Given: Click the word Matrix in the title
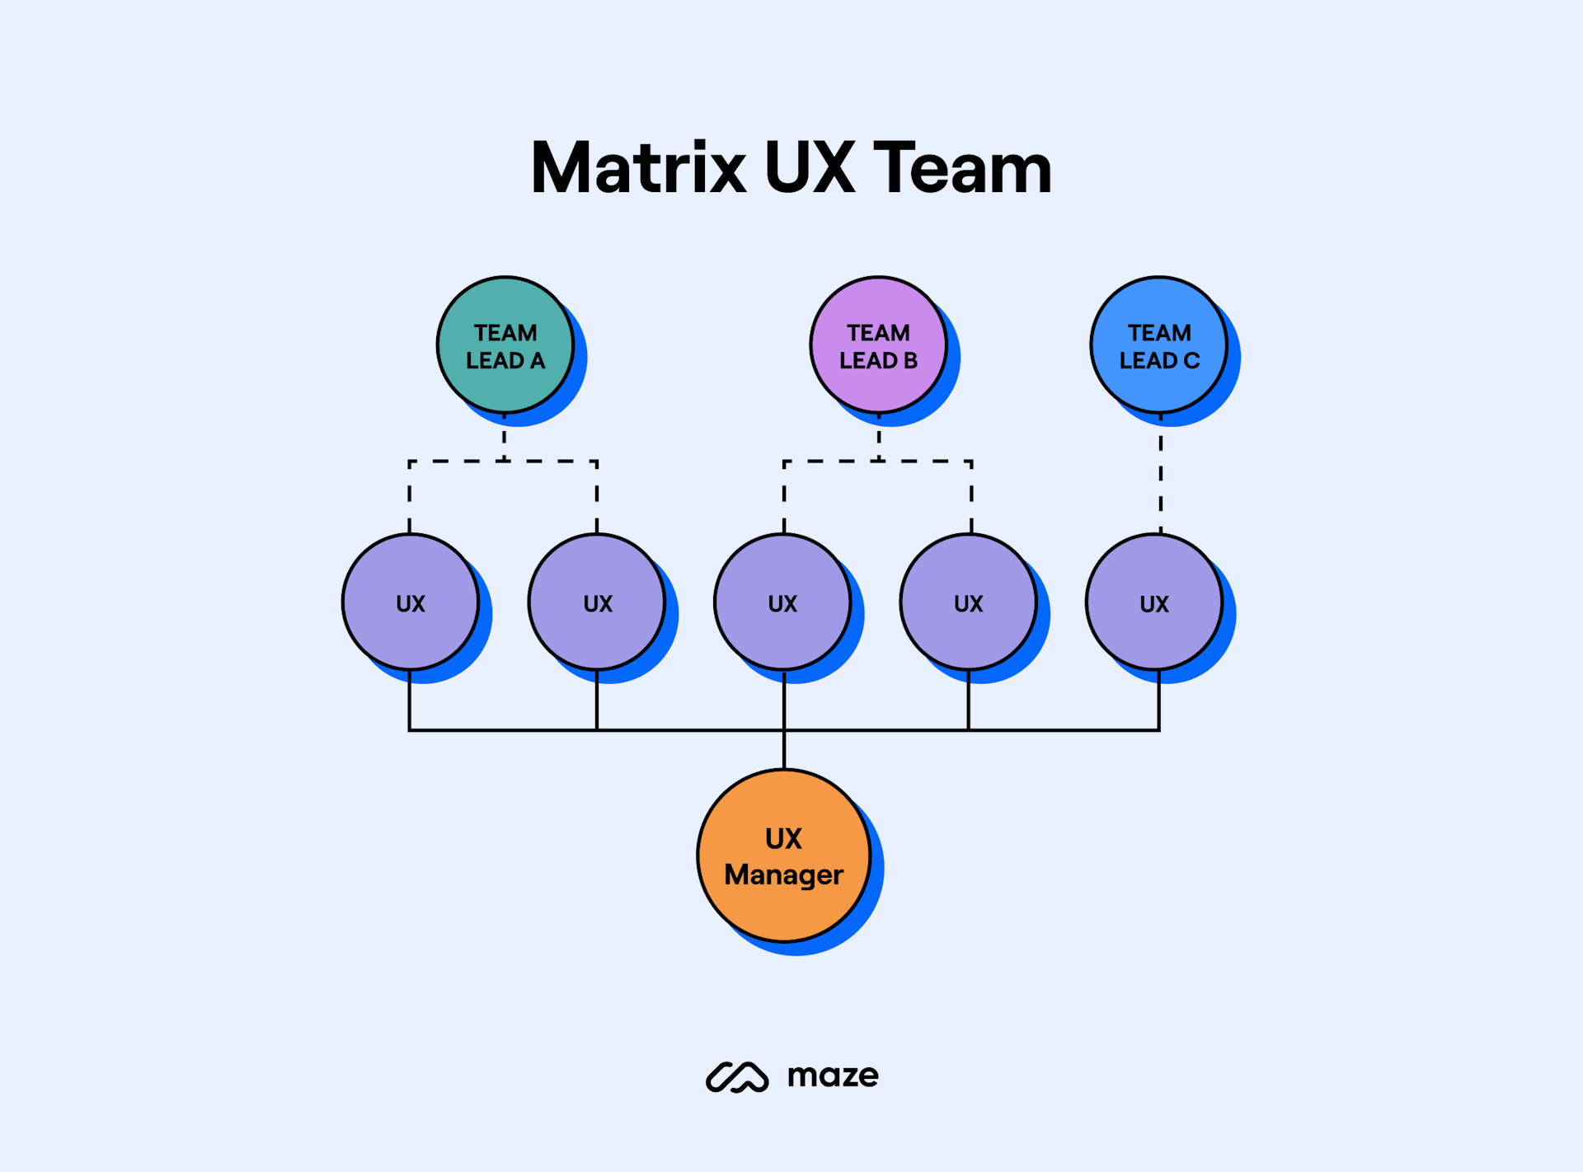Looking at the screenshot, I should [638, 168].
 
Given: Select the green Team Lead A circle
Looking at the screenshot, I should [505, 345].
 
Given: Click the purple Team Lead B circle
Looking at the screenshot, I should [878, 345].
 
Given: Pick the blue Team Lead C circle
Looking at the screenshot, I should [1158, 345].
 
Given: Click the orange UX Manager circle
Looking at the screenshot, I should [783, 856].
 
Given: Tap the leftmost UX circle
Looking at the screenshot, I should [411, 602].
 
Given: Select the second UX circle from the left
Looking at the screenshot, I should [597, 602].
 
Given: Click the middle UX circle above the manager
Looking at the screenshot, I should [782, 602].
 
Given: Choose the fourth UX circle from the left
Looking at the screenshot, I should [968, 602].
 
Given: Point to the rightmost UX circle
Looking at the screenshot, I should [1154, 602].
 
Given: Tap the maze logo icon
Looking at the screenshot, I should [737, 1076].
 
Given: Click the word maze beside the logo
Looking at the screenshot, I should [833, 1076].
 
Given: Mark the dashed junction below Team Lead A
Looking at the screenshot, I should [504, 461].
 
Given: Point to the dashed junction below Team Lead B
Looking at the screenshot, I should [879, 461].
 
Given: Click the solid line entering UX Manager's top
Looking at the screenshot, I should [784, 750].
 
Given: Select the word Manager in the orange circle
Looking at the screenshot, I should [783, 874].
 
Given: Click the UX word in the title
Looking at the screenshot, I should [810, 168].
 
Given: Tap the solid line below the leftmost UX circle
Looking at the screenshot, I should [410, 701].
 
